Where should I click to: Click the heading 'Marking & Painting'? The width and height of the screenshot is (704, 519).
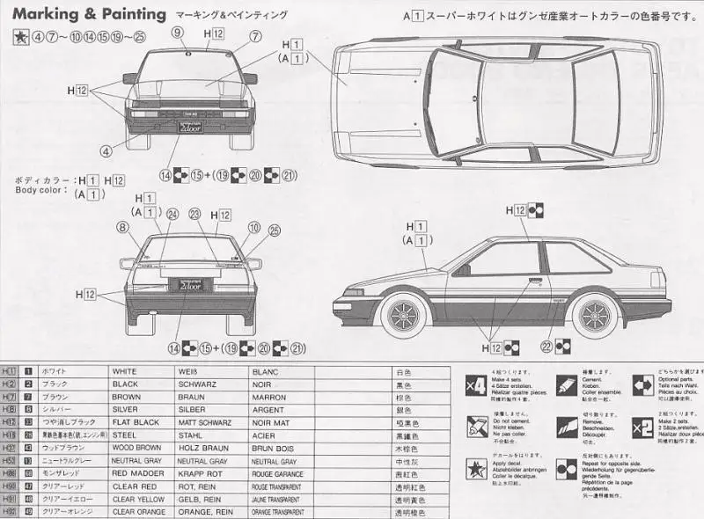point(89,14)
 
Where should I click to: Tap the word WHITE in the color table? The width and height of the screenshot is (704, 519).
point(125,371)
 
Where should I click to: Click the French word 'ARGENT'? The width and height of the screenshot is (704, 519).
point(268,409)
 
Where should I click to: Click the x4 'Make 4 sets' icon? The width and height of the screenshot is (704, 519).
point(474,384)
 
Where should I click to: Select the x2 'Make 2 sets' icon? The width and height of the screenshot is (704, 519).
point(642,428)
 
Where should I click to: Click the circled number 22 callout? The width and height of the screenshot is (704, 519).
point(546,347)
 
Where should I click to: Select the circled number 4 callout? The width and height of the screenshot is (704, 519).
point(106,151)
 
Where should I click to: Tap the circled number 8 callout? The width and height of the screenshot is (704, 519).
point(121,227)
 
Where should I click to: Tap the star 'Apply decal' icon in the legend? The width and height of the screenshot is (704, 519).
point(474,469)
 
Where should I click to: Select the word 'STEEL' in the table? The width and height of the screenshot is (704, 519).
point(125,435)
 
